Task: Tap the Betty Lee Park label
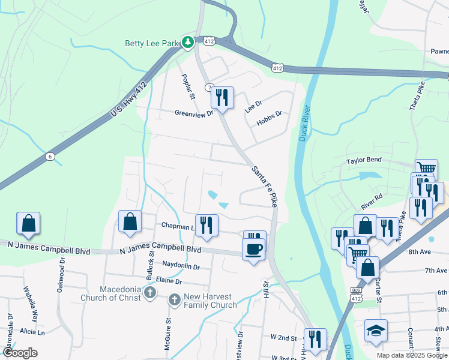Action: (152, 43)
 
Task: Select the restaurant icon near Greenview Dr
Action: (222, 97)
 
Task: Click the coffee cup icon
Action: (253, 248)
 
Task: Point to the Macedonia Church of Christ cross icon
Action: (150, 293)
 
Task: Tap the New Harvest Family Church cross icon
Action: (174, 299)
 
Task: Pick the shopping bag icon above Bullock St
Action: (130, 221)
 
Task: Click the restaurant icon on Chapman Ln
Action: (206, 225)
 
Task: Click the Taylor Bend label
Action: (364, 161)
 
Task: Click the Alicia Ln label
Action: (32, 332)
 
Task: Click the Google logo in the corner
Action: (20, 353)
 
